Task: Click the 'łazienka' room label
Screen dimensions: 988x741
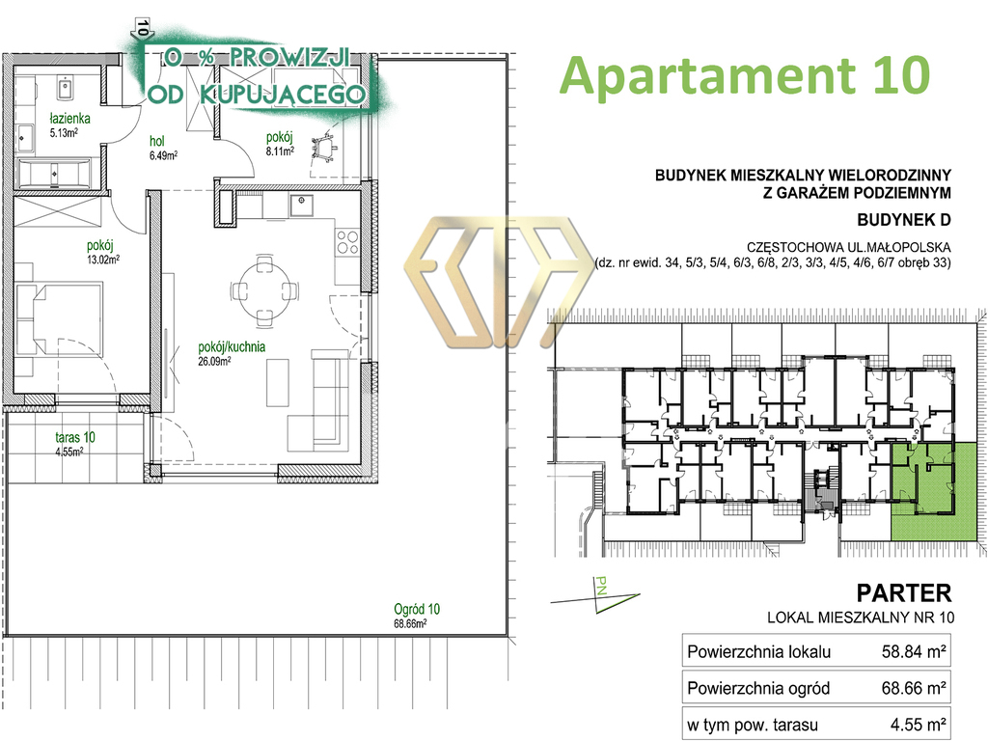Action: (69, 119)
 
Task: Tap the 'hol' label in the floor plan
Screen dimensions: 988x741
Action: (157, 141)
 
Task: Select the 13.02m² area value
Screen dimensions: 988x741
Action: (103, 259)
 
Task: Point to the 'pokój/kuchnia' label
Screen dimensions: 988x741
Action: (232, 346)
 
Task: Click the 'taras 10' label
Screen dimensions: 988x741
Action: (75, 437)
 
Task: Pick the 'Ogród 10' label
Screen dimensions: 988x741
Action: (417, 610)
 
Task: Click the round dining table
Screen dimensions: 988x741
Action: (264, 289)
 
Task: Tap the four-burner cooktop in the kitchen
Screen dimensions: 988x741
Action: (347, 242)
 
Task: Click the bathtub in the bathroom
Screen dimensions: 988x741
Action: (54, 174)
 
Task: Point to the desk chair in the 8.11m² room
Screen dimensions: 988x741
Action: (324, 148)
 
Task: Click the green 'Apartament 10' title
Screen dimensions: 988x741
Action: (745, 75)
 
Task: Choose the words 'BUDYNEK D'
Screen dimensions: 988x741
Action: (903, 220)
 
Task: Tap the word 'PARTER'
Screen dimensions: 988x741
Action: (903, 593)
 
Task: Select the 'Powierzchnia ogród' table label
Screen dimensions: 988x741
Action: (758, 688)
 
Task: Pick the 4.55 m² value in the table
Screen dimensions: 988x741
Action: (918, 725)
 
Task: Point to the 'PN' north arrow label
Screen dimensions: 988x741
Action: (601, 587)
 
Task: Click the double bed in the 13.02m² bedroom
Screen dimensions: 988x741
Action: (59, 320)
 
